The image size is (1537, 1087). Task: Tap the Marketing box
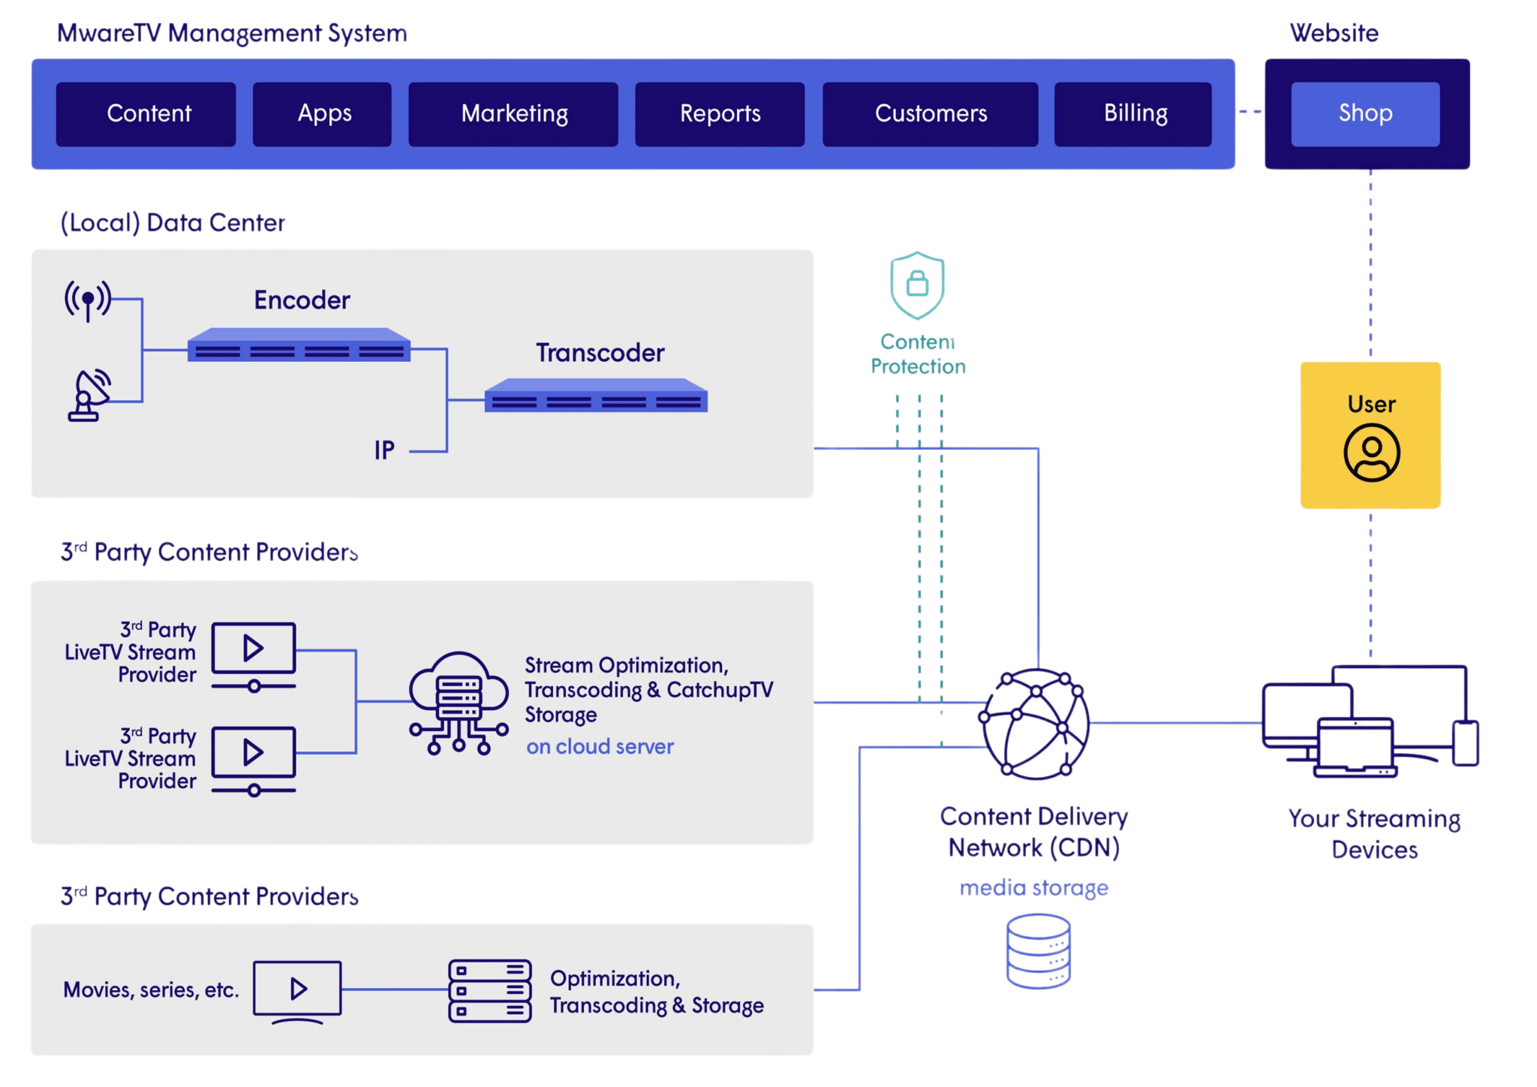pyautogui.click(x=513, y=114)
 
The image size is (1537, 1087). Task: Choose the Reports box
pyautogui.click(x=720, y=114)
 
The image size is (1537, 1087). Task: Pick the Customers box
pyautogui.click(x=930, y=114)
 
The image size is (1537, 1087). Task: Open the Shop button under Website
pyautogui.click(x=1365, y=114)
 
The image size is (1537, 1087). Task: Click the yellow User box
pyautogui.click(x=1370, y=435)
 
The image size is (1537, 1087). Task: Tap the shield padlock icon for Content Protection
pyautogui.click(x=917, y=285)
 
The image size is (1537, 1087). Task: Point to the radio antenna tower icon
pyautogui.click(x=88, y=300)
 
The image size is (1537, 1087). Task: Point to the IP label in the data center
pyautogui.click(x=384, y=450)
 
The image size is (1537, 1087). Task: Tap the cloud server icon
pyautogui.click(x=459, y=703)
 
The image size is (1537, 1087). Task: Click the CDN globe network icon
pyautogui.click(x=1035, y=724)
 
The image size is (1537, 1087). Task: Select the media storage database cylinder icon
pyautogui.click(x=1038, y=951)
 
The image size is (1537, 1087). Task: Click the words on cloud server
pyautogui.click(x=600, y=747)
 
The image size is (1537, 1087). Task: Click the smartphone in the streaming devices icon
pyautogui.click(x=1465, y=743)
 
